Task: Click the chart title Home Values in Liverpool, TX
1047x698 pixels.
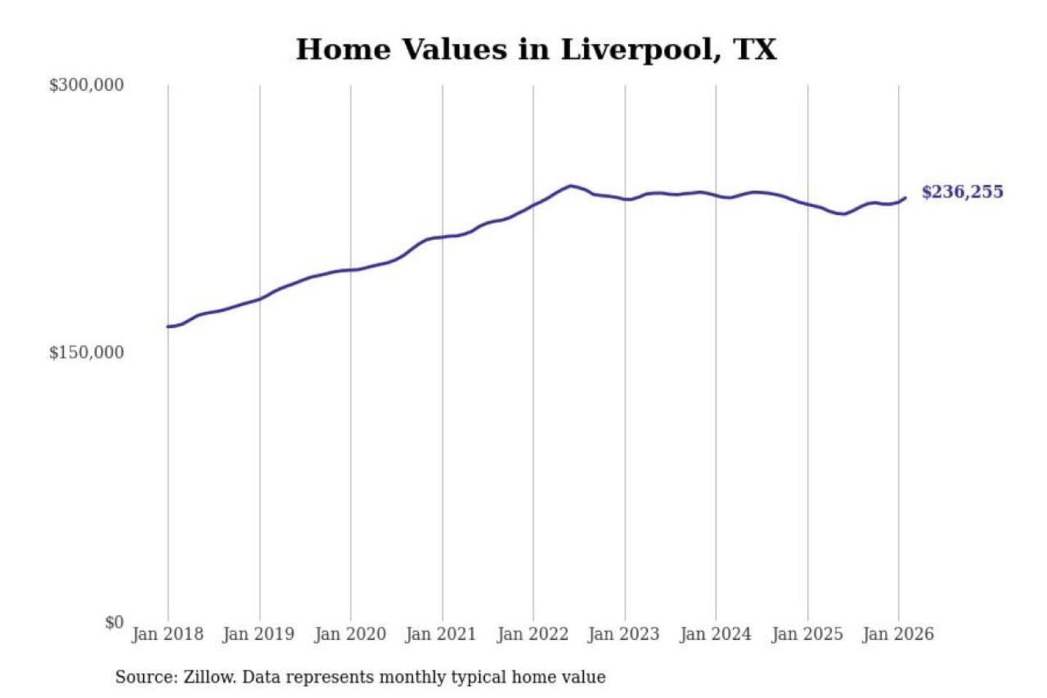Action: pos(536,49)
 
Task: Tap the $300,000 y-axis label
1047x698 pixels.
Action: pos(87,85)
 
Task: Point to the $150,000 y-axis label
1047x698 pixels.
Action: pos(87,353)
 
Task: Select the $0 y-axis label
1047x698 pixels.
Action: pos(114,622)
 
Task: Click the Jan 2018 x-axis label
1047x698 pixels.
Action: pos(167,634)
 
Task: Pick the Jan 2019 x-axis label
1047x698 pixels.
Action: pos(259,634)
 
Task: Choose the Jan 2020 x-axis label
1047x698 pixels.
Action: pos(350,634)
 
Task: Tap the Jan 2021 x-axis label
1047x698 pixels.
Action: pos(441,634)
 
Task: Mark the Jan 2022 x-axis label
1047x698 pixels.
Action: pos(532,634)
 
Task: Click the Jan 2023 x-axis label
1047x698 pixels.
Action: pos(623,634)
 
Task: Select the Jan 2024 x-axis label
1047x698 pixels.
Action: pos(715,634)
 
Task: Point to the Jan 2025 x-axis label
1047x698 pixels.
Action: pos(806,634)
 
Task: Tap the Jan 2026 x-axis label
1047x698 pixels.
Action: pos(897,634)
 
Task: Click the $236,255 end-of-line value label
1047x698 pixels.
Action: pos(962,192)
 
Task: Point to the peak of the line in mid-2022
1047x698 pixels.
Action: pos(571,185)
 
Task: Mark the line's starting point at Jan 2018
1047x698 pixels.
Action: pos(168,326)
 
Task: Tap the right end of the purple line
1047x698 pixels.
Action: pos(905,197)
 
